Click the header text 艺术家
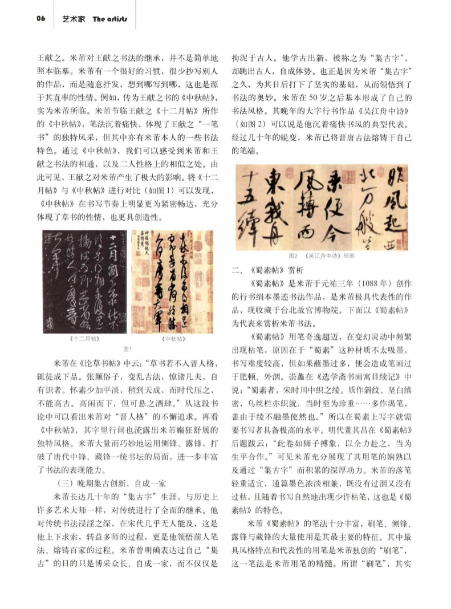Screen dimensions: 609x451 [73, 18]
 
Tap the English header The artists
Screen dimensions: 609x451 [109, 18]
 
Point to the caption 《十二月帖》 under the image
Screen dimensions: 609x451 [84, 338]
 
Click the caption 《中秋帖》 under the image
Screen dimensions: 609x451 [176, 338]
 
